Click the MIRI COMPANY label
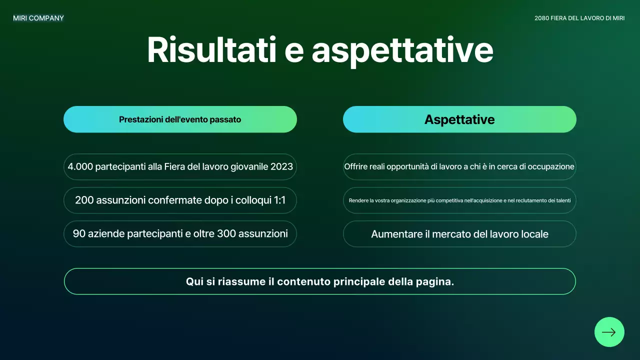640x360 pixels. coord(38,18)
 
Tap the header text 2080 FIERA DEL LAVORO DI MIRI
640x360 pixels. coord(579,18)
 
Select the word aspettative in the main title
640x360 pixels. coord(402,49)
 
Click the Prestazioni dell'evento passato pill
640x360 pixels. coord(180,119)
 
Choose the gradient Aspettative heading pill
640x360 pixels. coord(459,119)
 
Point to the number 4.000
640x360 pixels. coord(80,167)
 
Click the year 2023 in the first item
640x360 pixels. coord(281,167)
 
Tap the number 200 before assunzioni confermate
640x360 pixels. coord(84,200)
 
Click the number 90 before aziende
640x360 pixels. coord(79,233)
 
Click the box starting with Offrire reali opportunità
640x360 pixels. coord(459,167)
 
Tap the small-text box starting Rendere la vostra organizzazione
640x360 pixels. coord(459,200)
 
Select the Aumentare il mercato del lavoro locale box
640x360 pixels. coord(459,234)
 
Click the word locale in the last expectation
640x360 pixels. coord(533,234)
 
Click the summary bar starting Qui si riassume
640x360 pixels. coord(320,281)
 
